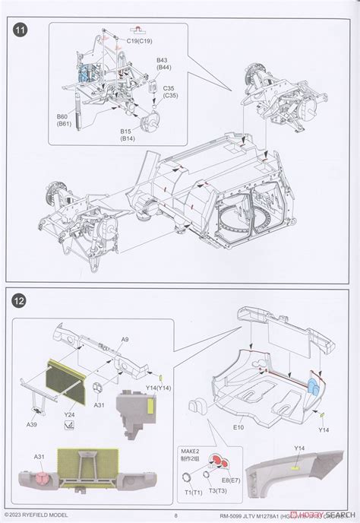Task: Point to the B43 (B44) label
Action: (x=163, y=64)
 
